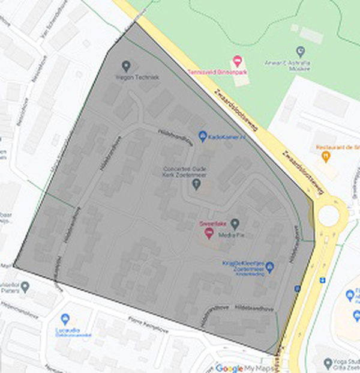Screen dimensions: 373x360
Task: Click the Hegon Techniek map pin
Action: coord(125,65)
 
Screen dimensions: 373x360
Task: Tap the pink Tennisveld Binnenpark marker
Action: coord(238,61)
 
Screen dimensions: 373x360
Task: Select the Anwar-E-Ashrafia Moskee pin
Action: coord(301,52)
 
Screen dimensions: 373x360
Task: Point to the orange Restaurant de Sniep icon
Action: coord(326,157)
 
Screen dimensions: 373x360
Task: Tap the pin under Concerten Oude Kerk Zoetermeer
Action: coord(196,184)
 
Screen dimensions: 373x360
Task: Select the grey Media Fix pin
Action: coord(235,223)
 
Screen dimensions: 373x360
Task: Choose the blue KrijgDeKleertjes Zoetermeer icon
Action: coord(269,267)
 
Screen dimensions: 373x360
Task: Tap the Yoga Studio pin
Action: coord(327,363)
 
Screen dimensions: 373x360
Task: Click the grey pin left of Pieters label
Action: coord(24,287)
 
